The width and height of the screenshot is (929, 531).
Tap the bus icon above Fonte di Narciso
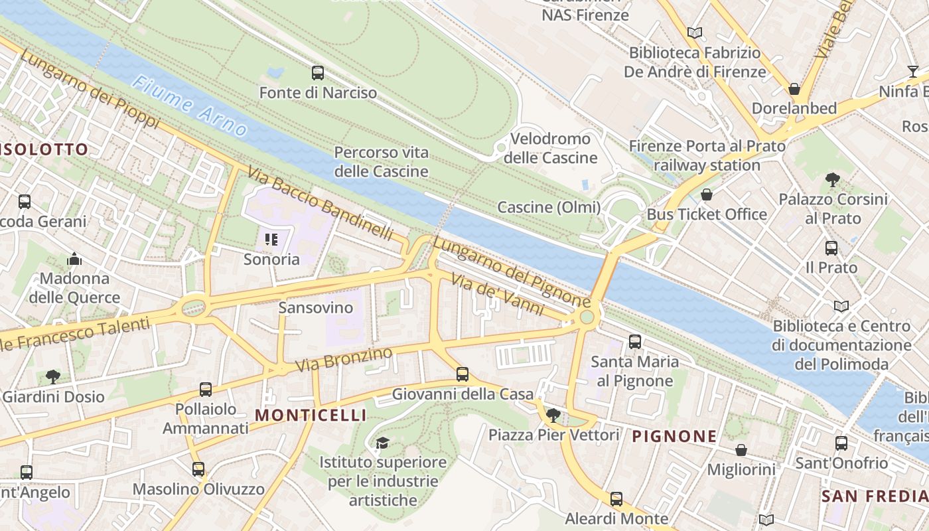[x=318, y=73]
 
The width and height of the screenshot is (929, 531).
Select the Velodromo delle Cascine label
[x=551, y=148]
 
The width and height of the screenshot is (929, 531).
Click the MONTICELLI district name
[x=311, y=416]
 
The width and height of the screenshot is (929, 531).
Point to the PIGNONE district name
[x=674, y=436]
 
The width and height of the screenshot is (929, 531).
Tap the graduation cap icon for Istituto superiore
[x=382, y=443]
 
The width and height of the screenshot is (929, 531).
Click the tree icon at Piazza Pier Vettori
[x=553, y=416]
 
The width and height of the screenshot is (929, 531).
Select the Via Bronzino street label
[x=344, y=359]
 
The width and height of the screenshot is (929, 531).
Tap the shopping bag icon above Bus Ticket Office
[x=707, y=194]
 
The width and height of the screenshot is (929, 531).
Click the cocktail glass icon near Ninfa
[x=913, y=72]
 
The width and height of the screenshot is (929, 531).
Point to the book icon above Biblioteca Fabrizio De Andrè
[x=695, y=33]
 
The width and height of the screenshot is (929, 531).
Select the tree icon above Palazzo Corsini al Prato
[x=833, y=179]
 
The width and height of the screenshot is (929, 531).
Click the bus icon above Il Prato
[x=831, y=248]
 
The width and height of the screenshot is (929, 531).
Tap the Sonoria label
[x=271, y=259]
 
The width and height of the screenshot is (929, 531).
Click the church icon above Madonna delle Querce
[x=74, y=258]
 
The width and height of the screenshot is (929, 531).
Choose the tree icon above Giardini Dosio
[x=53, y=377]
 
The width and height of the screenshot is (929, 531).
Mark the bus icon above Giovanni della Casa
[x=463, y=374]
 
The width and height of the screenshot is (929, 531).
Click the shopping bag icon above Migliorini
[x=741, y=450]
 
